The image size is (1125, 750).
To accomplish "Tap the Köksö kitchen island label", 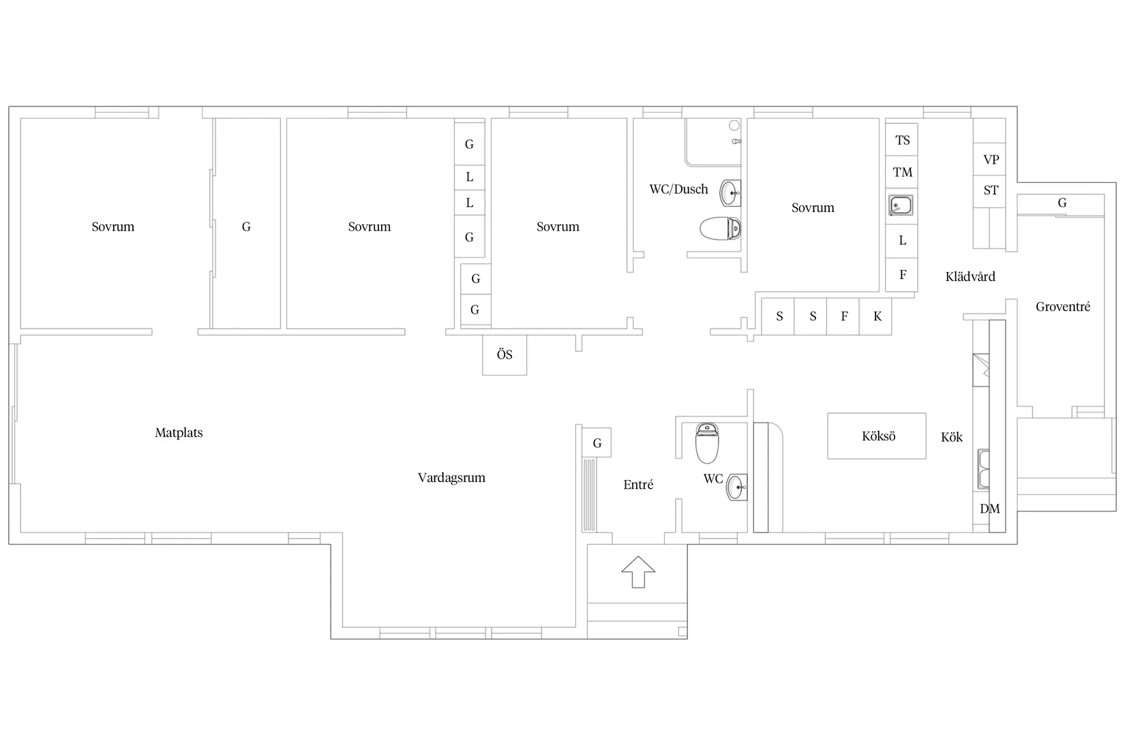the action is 878,436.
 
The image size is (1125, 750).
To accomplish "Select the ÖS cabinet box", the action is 505,355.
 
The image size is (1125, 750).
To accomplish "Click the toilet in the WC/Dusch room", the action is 720,228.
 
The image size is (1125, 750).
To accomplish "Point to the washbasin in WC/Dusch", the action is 731,193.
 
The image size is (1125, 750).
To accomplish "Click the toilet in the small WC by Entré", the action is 707,442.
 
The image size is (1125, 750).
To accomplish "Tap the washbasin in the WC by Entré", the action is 737,487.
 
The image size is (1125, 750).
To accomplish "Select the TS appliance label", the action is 903,140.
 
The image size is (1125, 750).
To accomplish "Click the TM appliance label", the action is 903,172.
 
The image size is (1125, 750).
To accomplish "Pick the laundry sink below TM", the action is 901,205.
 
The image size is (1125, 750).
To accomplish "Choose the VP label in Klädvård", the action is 991,160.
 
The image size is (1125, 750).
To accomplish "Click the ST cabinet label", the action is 991,190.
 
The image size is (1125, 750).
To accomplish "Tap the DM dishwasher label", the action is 990,509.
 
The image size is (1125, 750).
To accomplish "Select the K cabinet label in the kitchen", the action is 877,316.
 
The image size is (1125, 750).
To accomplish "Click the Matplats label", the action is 179,432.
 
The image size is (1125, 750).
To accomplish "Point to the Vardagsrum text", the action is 451,478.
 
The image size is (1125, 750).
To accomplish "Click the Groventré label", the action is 1063,306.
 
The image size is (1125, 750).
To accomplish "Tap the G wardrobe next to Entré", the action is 597,442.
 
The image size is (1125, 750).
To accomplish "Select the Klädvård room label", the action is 970,276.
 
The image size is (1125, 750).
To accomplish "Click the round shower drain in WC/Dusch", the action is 734,125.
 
